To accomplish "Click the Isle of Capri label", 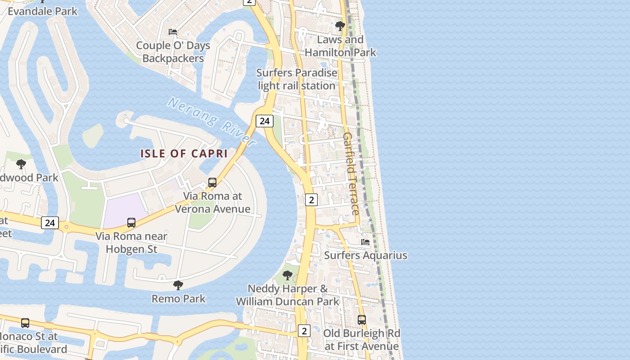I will (x=184, y=153).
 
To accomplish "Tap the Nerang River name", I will (x=211, y=121).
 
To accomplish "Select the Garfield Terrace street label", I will (x=351, y=173).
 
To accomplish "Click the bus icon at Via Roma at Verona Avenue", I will (x=212, y=183).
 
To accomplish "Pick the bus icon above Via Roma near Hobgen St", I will (x=131, y=222).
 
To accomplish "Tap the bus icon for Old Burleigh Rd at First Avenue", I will (x=361, y=320).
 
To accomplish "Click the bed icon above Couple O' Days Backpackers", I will (x=172, y=32).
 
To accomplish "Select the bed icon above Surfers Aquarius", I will (x=365, y=242).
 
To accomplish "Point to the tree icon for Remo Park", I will (x=178, y=285).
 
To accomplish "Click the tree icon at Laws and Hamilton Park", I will (x=340, y=26).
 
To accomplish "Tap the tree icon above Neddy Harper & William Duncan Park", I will (x=287, y=275).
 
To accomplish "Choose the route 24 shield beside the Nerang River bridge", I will (x=265, y=121).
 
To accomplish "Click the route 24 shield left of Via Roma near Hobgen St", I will (x=50, y=222).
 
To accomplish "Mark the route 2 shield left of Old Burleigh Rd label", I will (x=304, y=331).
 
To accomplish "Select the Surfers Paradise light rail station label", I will (x=297, y=79).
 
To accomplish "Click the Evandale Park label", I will (x=43, y=11).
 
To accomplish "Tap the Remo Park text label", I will (x=179, y=298).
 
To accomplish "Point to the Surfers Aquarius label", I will (x=365, y=255).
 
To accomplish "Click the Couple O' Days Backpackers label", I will (x=173, y=52).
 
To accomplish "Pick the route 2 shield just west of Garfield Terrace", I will (x=311, y=199).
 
